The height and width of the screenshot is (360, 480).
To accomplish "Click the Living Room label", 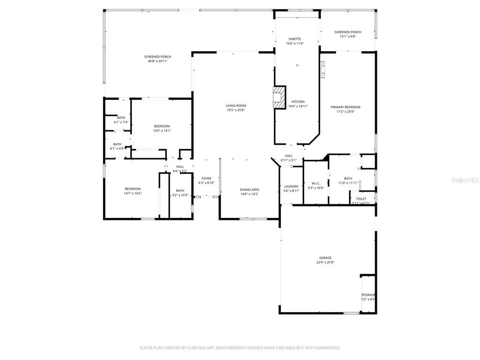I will click(x=235, y=106).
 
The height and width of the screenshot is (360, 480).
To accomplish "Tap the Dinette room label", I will click(x=295, y=39).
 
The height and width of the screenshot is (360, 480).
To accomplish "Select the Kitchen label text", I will click(x=298, y=102).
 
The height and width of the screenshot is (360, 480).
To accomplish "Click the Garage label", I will click(x=325, y=258).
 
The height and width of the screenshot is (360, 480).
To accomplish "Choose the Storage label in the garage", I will click(x=368, y=295).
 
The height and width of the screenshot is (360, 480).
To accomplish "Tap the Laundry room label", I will click(x=291, y=187).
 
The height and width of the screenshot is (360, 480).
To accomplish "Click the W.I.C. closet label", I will click(x=315, y=183).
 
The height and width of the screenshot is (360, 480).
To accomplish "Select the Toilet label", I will click(x=361, y=199).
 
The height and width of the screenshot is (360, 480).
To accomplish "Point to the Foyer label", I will click(x=206, y=179).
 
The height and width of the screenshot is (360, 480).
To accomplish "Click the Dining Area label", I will click(x=249, y=190).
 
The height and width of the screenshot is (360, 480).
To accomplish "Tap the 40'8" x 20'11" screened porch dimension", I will click(x=157, y=61).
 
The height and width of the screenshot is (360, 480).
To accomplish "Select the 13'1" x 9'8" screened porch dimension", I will click(x=347, y=37).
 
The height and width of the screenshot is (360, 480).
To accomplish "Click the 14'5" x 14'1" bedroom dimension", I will click(x=162, y=131).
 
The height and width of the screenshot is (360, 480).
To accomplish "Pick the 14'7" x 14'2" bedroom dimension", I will click(x=133, y=193).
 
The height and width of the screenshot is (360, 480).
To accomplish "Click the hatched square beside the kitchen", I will click(x=279, y=97).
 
